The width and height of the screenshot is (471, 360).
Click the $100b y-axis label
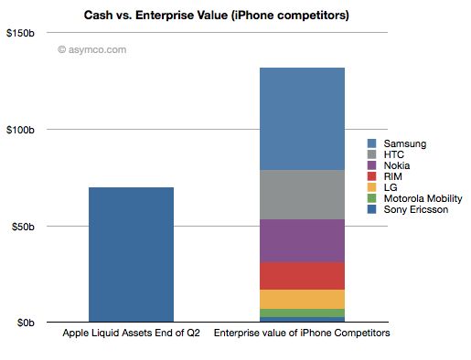(x=22, y=130)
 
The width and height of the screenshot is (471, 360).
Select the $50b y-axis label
(x=25, y=226)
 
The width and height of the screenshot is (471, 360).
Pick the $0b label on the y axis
(x=27, y=323)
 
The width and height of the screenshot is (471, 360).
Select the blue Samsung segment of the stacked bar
(x=302, y=119)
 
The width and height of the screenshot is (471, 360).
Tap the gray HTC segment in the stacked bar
(x=302, y=195)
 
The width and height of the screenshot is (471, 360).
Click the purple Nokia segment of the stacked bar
(x=302, y=240)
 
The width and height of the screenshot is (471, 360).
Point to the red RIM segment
(x=302, y=275)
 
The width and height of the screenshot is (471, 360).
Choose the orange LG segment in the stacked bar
(x=302, y=299)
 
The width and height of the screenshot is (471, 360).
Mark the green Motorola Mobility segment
(x=302, y=312)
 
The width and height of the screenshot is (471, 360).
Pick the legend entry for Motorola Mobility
(x=414, y=198)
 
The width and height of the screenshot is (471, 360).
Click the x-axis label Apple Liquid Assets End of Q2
(x=131, y=334)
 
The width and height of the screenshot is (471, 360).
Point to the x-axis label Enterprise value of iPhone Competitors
(x=302, y=334)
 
